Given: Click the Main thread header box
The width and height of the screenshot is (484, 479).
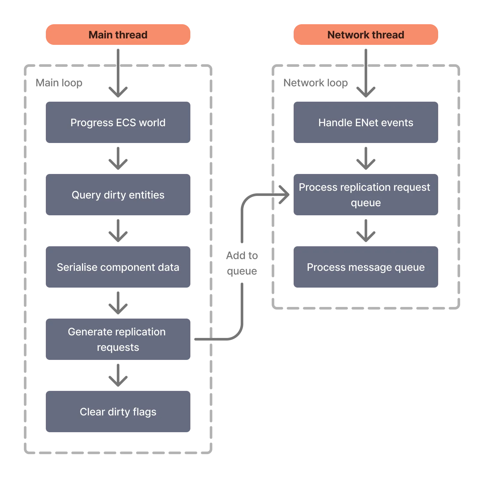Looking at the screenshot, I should (118, 35).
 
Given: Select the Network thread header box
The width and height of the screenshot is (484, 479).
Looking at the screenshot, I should (365, 35).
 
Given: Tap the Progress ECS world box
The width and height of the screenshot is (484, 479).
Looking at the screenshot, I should (118, 123).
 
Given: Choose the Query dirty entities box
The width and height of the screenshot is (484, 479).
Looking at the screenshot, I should (118, 195).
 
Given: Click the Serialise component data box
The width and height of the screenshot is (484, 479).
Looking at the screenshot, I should (118, 267).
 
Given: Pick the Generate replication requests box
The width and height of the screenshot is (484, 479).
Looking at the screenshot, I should (118, 340).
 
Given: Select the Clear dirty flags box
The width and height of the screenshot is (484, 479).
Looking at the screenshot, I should (118, 412).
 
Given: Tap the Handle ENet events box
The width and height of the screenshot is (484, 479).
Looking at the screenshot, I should (365, 123).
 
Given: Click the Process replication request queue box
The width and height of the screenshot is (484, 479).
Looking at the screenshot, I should (365, 195).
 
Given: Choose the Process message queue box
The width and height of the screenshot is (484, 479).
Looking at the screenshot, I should (365, 267).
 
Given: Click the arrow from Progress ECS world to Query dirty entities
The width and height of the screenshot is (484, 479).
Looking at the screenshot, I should (118, 158).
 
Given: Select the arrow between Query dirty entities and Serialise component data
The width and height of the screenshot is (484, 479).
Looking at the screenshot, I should (118, 230).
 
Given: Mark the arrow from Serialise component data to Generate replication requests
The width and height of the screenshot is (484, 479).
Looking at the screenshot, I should (118, 303).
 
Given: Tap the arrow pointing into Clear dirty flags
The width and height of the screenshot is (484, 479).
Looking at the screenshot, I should (118, 375).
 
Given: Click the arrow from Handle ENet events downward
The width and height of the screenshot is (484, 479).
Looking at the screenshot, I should (366, 158).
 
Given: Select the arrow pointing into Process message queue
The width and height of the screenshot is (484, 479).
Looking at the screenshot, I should (366, 230).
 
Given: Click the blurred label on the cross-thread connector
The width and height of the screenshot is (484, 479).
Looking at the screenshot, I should (242, 264).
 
